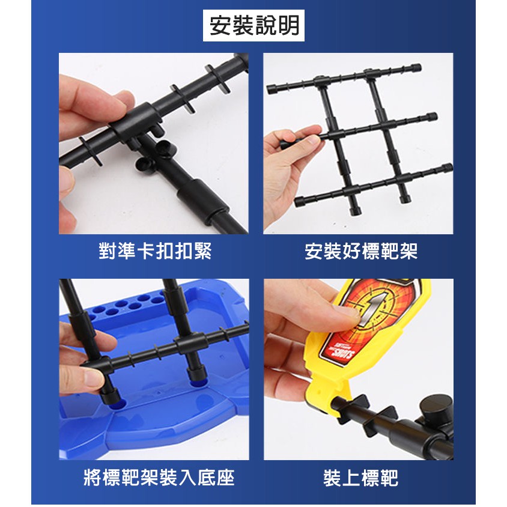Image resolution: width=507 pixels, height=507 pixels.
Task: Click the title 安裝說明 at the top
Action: (x=254, y=26)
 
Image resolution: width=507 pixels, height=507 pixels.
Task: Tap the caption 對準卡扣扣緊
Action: (x=155, y=251)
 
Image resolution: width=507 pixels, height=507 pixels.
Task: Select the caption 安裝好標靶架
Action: (x=361, y=251)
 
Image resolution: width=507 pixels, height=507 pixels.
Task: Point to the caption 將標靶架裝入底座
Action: (x=159, y=477)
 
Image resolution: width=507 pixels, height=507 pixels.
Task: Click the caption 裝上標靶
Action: (x=361, y=477)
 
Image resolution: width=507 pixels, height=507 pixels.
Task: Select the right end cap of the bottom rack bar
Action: (x=446, y=168)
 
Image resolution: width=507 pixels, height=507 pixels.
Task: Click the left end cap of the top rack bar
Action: (x=272, y=88)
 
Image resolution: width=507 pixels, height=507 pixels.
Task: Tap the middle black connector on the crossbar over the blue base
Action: (x=191, y=344)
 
